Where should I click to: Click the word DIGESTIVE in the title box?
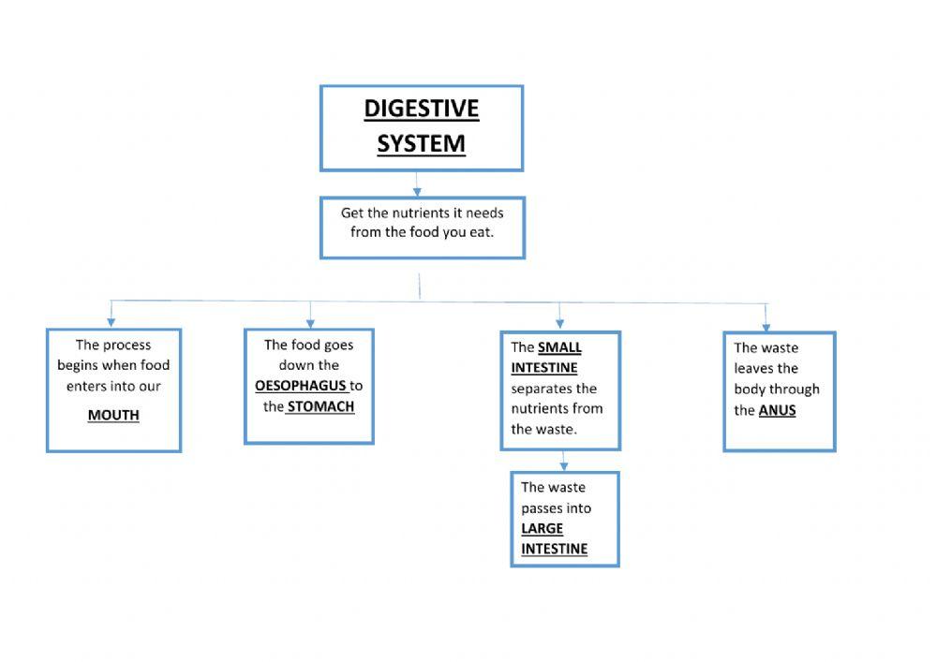tap(421, 109)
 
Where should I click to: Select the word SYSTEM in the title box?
tap(421, 143)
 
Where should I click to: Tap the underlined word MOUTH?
tap(113, 415)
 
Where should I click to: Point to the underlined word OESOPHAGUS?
tap(301, 386)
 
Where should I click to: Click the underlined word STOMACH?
tap(320, 406)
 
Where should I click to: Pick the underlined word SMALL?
tap(559, 347)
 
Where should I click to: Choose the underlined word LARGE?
tap(542, 528)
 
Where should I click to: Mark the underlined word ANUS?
tap(777, 410)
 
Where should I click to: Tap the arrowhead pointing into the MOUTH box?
tap(112, 321)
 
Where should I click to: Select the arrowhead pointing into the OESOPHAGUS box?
tap(310, 321)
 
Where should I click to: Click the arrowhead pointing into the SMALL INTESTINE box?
tap(560, 323)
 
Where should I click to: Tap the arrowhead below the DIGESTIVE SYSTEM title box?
tap(418, 190)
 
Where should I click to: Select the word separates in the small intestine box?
tap(554, 389)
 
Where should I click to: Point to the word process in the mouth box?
tap(126, 345)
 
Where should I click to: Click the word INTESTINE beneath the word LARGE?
tap(554, 549)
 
